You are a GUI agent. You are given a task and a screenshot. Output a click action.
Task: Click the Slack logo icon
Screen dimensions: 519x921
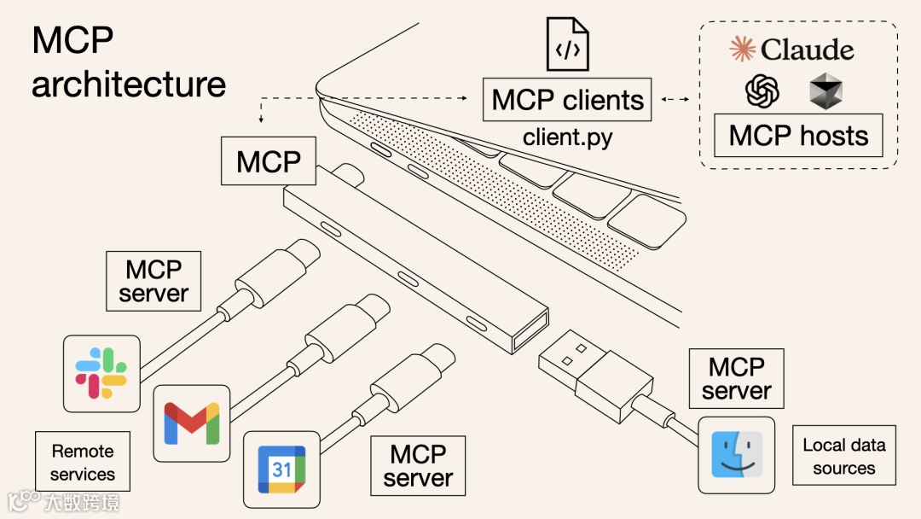[x=101, y=373]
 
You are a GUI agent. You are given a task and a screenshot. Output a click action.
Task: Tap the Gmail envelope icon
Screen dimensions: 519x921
[x=192, y=423]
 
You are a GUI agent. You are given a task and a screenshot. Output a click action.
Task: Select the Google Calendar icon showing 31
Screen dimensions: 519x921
[x=282, y=469]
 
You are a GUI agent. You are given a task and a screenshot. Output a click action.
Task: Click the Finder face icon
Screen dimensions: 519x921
[x=736, y=455]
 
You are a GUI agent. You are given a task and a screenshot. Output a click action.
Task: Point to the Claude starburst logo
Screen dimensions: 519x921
[x=743, y=49]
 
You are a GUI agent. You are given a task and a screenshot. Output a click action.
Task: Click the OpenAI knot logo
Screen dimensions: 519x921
[x=762, y=90]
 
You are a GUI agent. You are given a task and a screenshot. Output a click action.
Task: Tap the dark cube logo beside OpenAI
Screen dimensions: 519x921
[x=825, y=90]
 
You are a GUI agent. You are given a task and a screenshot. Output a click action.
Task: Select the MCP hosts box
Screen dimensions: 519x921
[x=798, y=136]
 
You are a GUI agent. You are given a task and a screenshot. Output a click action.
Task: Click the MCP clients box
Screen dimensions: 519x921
[x=567, y=100]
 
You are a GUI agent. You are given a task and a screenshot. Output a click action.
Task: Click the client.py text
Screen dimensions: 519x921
[x=567, y=137]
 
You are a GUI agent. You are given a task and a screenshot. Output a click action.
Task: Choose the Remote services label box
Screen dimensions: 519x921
[x=82, y=462]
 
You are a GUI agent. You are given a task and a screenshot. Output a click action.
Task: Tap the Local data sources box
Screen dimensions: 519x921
[x=843, y=456]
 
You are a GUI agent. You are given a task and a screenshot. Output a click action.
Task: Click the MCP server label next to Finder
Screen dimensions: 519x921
[x=736, y=379]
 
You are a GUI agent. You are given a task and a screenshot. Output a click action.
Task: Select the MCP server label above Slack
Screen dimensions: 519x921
[x=153, y=281]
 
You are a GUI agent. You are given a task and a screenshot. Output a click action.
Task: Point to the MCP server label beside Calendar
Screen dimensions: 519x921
[x=418, y=465]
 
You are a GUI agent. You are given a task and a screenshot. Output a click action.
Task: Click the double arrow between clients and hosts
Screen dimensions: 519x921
[x=675, y=100]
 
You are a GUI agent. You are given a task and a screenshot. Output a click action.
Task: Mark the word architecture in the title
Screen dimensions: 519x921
[x=129, y=84]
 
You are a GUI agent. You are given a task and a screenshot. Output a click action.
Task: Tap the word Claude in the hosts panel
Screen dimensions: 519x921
[x=807, y=50]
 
